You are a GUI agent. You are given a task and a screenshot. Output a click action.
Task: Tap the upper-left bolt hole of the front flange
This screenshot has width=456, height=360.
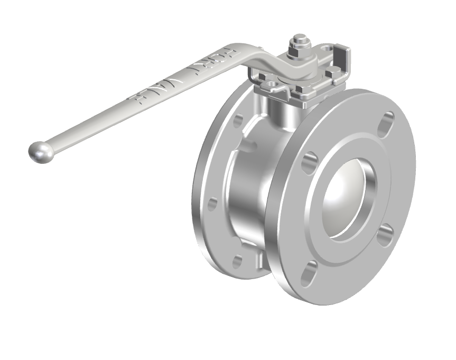(x=310, y=162)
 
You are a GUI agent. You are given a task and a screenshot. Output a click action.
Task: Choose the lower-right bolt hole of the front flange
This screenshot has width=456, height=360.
(x=385, y=232)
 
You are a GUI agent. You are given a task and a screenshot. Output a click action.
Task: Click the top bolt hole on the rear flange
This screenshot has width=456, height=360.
(x=238, y=120)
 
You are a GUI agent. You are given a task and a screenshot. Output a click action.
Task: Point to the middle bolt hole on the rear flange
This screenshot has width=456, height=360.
(x=212, y=204)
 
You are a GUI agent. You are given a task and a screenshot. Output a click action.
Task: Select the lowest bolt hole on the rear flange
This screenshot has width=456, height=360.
(x=237, y=261)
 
